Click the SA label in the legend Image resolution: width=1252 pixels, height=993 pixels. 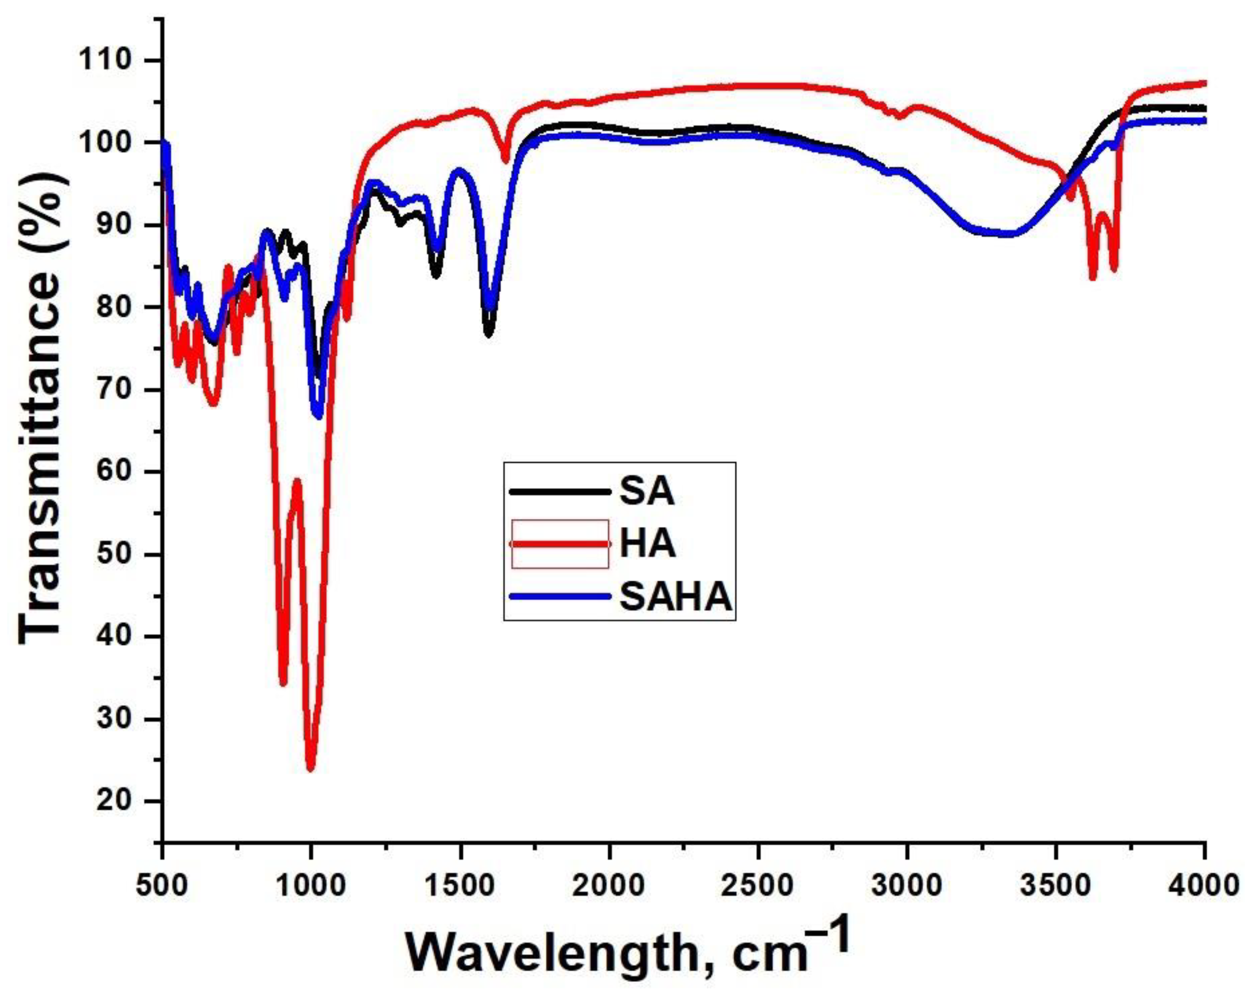pos(646,492)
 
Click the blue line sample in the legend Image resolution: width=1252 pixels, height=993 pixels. pos(560,596)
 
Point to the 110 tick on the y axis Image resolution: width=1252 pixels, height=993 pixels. pos(105,60)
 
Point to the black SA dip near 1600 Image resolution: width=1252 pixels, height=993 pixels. pos(488,334)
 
